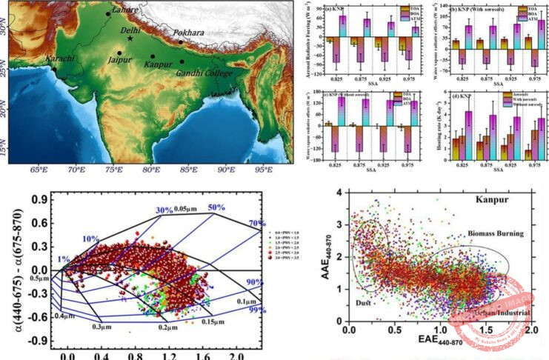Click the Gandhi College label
click(202, 73)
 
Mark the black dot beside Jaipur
click(119, 53)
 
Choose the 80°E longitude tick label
click(150, 169)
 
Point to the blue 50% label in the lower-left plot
click(216, 207)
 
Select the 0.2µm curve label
click(169, 326)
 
